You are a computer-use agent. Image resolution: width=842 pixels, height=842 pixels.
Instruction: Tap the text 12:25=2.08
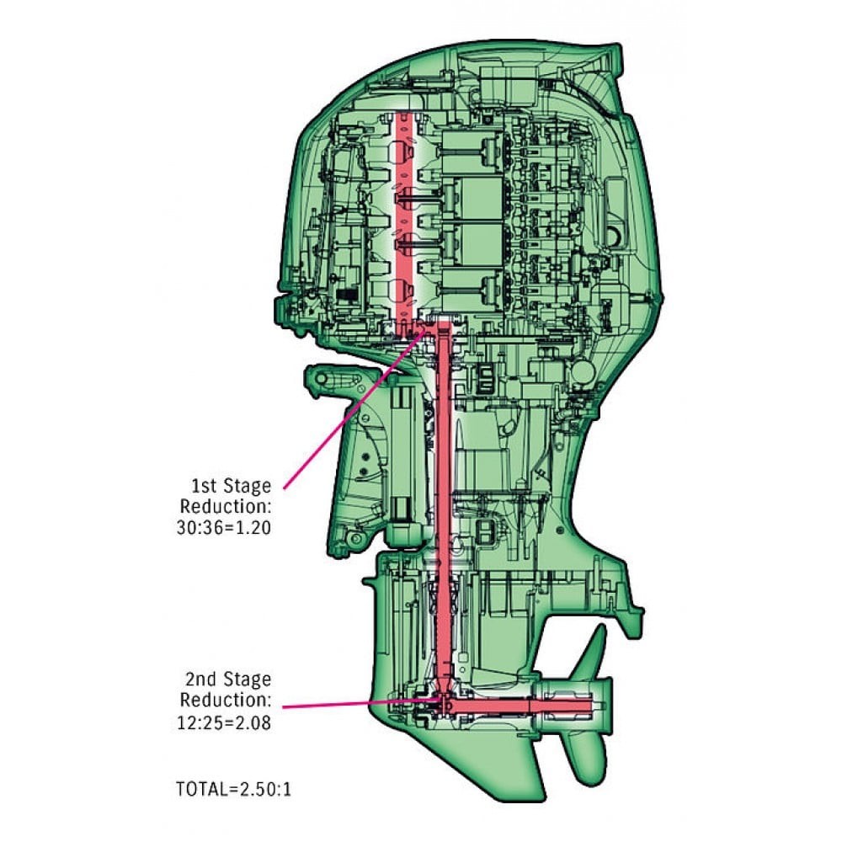[x=221, y=722]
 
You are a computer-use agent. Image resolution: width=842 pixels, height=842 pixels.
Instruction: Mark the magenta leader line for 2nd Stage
[x=354, y=703]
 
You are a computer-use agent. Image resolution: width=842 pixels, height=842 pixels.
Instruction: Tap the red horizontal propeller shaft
[x=522, y=703]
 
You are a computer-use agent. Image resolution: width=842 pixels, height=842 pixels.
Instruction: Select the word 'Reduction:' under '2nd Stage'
[x=226, y=701]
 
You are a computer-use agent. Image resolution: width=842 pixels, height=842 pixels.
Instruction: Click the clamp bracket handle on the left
[x=333, y=378]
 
